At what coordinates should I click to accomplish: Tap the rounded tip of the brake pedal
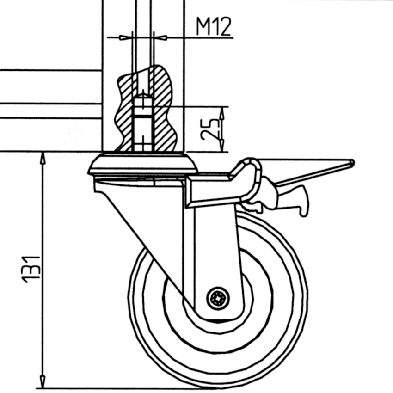[x=352, y=162]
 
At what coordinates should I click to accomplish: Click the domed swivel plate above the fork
[x=143, y=164]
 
